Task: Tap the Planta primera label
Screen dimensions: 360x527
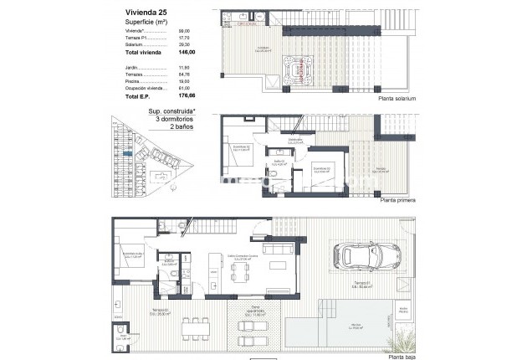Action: [x=397, y=201]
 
